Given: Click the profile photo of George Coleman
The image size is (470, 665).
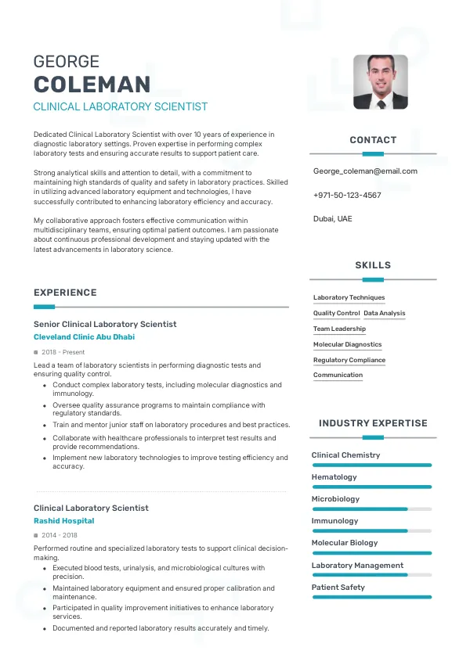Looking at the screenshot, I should click(x=380, y=81).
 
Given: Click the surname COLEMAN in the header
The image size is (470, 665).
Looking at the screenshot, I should click(x=92, y=84).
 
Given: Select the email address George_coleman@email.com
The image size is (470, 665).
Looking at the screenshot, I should click(x=365, y=171).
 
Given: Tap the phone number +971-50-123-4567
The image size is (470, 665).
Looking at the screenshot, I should click(x=347, y=195).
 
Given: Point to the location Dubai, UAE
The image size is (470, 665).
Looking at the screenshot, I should click(x=332, y=218).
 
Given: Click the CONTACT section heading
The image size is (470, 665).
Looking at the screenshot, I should click(x=373, y=140).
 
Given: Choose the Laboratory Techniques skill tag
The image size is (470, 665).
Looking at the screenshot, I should click(x=349, y=297).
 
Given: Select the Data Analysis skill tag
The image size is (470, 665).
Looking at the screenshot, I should click(x=385, y=313).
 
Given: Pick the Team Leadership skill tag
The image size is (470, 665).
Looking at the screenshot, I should click(x=339, y=329).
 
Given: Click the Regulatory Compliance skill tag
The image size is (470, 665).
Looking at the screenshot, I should click(x=349, y=360).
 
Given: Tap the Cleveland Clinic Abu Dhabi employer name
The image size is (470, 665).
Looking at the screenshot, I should click(x=84, y=336).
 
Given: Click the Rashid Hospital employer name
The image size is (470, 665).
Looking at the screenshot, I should click(x=63, y=520).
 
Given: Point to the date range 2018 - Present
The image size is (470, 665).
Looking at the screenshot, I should click(x=63, y=352).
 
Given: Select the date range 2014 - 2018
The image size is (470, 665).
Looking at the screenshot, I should click(x=59, y=535).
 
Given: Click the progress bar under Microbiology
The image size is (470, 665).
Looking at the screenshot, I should click(x=371, y=509).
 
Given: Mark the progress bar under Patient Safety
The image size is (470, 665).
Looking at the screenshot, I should click(x=371, y=597).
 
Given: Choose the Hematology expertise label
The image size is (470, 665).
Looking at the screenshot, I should click(x=334, y=476).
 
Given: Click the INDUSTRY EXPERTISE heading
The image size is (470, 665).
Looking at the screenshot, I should click(x=373, y=423).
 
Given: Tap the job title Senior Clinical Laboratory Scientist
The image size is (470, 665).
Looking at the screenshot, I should click(x=105, y=324).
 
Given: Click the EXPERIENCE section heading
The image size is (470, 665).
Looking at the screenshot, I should click(x=65, y=293).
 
